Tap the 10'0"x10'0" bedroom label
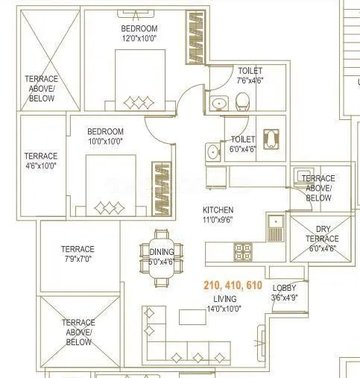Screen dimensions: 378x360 coord(104,135)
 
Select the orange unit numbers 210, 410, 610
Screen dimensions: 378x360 coord(232,286)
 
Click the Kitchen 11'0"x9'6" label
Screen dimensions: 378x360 coord(218,215)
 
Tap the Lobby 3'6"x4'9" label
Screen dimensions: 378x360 coord(283,292)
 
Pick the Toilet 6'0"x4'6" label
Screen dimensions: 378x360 coord(243,144)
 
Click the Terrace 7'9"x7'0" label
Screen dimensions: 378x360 coord(78,254)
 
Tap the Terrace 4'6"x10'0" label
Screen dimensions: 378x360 coord(40,161)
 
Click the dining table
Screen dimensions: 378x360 coord(161,262)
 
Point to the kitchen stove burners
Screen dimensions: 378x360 coord(244,250)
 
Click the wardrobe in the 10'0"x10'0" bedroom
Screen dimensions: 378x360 coord(162,187)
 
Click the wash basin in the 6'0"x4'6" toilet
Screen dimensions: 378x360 coord(213,152)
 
